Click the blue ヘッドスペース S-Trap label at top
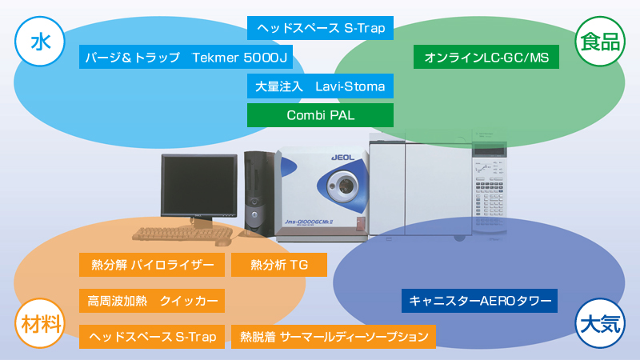click(320, 28)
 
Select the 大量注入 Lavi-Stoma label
click(320, 86)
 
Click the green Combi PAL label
click(320, 114)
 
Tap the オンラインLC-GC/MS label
click(486, 57)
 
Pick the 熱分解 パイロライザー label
click(152, 265)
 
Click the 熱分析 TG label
click(279, 265)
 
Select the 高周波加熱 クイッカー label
click(152, 301)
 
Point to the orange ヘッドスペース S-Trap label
click(152, 337)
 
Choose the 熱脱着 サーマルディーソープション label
click(334, 337)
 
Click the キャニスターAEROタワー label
click(479, 301)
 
